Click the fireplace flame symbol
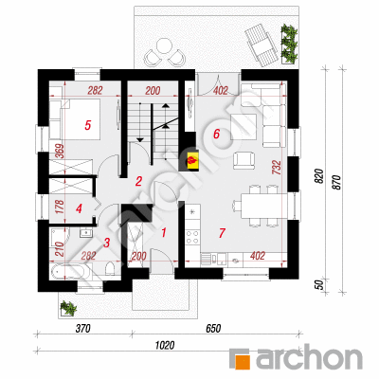click(192, 161)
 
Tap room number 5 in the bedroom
click(88, 125)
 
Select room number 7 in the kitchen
click(222, 233)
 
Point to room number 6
click(216, 134)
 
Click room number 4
click(79, 208)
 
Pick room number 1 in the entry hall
click(164, 233)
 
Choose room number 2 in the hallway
click(138, 182)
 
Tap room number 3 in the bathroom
click(107, 243)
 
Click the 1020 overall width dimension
click(165, 345)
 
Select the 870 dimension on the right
click(337, 182)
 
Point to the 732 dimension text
click(276, 168)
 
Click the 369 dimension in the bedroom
click(61, 151)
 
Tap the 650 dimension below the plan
click(213, 329)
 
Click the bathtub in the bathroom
click(68, 272)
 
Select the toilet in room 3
click(110, 269)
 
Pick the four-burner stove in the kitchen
click(192, 237)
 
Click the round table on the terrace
click(164, 45)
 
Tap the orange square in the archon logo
click(243, 361)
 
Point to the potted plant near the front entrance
click(68, 308)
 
